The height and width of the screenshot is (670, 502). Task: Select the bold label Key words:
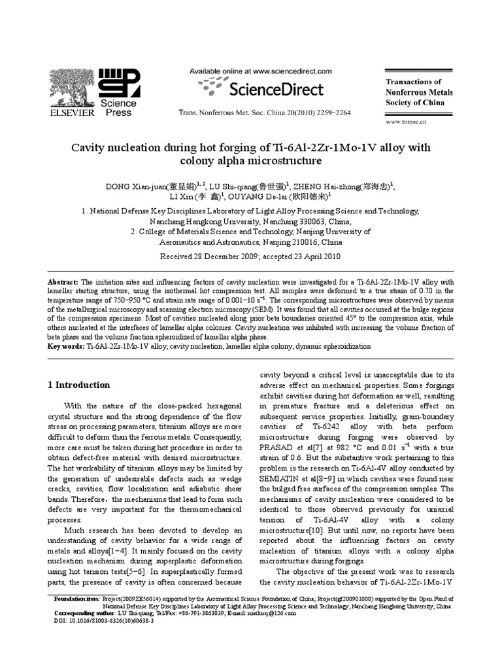[x=66, y=345]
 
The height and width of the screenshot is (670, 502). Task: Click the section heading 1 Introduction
[x=78, y=385]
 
